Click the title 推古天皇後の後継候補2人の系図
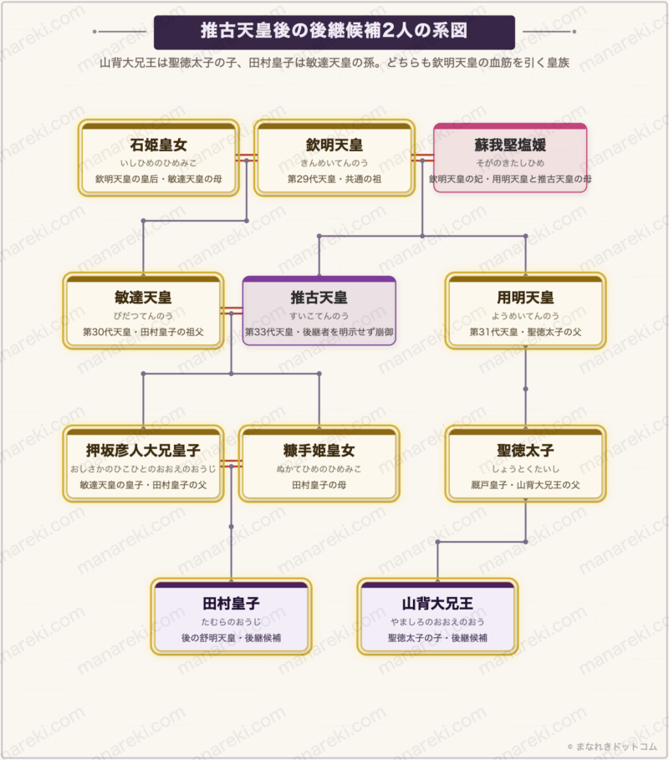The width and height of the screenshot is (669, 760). pyautogui.click(x=334, y=31)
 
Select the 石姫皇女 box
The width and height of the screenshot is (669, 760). pyautogui.click(x=159, y=158)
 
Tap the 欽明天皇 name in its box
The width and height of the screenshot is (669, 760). pyautogui.click(x=334, y=145)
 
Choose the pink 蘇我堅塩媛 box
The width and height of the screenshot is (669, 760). pyautogui.click(x=510, y=158)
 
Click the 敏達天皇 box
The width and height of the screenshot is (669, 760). pyautogui.click(x=143, y=311)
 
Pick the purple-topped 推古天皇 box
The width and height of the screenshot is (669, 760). pyautogui.click(x=319, y=311)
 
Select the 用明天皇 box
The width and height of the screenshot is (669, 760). pyautogui.click(x=525, y=311)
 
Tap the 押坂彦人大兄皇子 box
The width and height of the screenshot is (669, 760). pyautogui.click(x=143, y=464)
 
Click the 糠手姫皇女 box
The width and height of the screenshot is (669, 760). pyautogui.click(x=319, y=464)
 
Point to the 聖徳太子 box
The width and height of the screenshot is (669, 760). pyautogui.click(x=525, y=464)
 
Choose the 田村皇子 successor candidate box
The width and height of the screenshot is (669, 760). pyautogui.click(x=232, y=616)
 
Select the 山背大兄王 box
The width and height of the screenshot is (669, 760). pyautogui.click(x=437, y=616)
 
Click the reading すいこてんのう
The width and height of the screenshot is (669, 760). pyautogui.click(x=319, y=316)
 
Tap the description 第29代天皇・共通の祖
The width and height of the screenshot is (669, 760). pyautogui.click(x=334, y=179)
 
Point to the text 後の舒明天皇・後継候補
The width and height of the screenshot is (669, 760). pyautogui.click(x=232, y=638)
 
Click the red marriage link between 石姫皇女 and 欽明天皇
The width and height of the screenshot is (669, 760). pyautogui.click(x=247, y=157)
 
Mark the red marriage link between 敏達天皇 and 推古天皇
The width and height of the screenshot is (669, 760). pyautogui.click(x=232, y=311)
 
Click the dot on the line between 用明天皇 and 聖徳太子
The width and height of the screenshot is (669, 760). pyautogui.click(x=525, y=389)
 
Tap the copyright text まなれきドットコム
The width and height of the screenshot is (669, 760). pyautogui.click(x=612, y=747)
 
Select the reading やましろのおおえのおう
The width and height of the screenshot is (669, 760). pyautogui.click(x=437, y=622)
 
